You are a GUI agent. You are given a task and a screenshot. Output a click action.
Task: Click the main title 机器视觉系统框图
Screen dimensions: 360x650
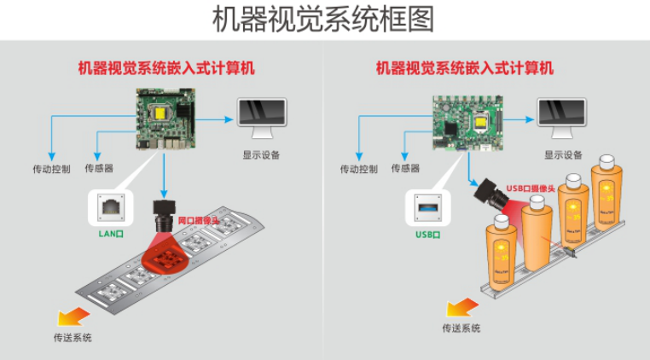[x=324, y=19]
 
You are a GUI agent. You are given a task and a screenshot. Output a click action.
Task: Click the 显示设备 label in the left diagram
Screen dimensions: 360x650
[x=261, y=155]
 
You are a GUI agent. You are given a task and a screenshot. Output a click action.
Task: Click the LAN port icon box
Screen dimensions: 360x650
[x=111, y=206]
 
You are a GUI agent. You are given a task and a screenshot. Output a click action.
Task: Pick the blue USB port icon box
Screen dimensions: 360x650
[x=427, y=206]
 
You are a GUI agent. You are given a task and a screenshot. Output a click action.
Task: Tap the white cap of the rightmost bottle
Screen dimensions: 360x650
[x=606, y=161]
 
